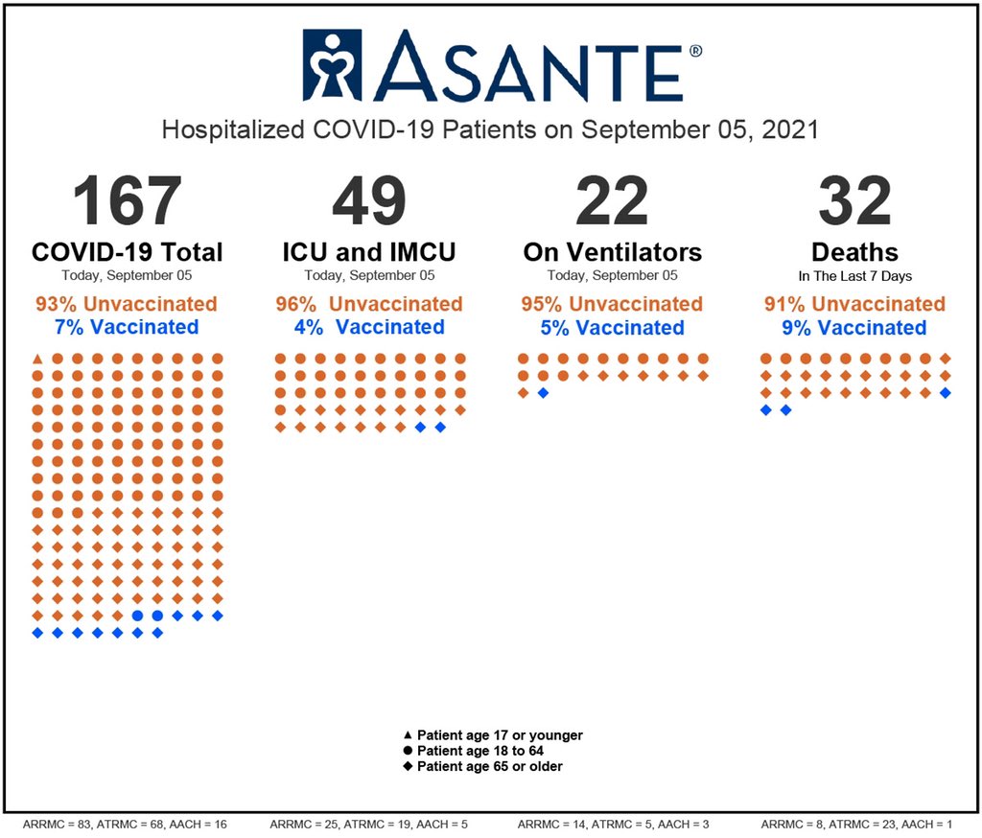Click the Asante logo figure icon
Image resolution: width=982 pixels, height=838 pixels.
point(332,65)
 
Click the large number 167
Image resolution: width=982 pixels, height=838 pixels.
point(127,201)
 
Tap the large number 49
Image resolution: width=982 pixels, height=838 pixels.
point(369,201)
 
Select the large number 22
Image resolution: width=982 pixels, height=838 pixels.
point(612,201)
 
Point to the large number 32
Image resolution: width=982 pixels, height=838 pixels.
point(854,201)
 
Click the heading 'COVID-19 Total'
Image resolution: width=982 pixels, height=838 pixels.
point(127,252)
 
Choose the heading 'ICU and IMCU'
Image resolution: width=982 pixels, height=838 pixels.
point(369,252)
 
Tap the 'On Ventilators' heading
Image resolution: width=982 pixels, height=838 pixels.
point(612,252)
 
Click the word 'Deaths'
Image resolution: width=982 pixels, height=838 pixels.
point(854,252)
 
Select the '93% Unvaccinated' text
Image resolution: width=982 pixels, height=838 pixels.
point(127,304)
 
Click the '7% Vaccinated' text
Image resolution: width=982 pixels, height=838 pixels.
point(127,327)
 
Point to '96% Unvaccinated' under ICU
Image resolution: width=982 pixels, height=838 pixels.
point(369,304)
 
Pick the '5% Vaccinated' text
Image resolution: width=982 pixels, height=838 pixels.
point(612,328)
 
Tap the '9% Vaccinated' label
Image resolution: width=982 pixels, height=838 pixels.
point(854,328)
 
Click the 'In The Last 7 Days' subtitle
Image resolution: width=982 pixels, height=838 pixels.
point(854,276)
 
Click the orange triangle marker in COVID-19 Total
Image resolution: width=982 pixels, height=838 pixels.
point(37,359)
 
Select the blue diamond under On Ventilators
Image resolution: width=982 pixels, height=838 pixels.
point(543,393)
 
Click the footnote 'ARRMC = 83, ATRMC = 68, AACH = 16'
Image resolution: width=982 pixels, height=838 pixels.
point(124,824)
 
